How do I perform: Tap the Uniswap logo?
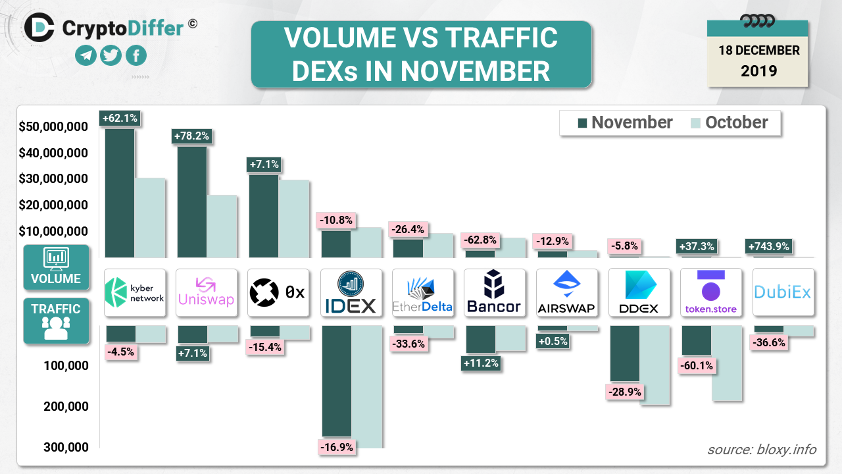click(207, 292)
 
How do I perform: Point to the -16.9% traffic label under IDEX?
click(337, 448)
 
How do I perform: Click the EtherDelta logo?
click(423, 292)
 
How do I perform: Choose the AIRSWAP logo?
click(567, 292)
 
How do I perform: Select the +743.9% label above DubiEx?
click(770, 246)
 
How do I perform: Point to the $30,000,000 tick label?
click(53, 179)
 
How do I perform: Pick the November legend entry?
click(625, 122)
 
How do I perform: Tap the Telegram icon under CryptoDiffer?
click(86, 56)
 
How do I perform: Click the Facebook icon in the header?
click(136, 56)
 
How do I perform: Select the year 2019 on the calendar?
click(758, 70)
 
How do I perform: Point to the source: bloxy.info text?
click(762, 450)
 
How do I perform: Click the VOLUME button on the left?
click(56, 267)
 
